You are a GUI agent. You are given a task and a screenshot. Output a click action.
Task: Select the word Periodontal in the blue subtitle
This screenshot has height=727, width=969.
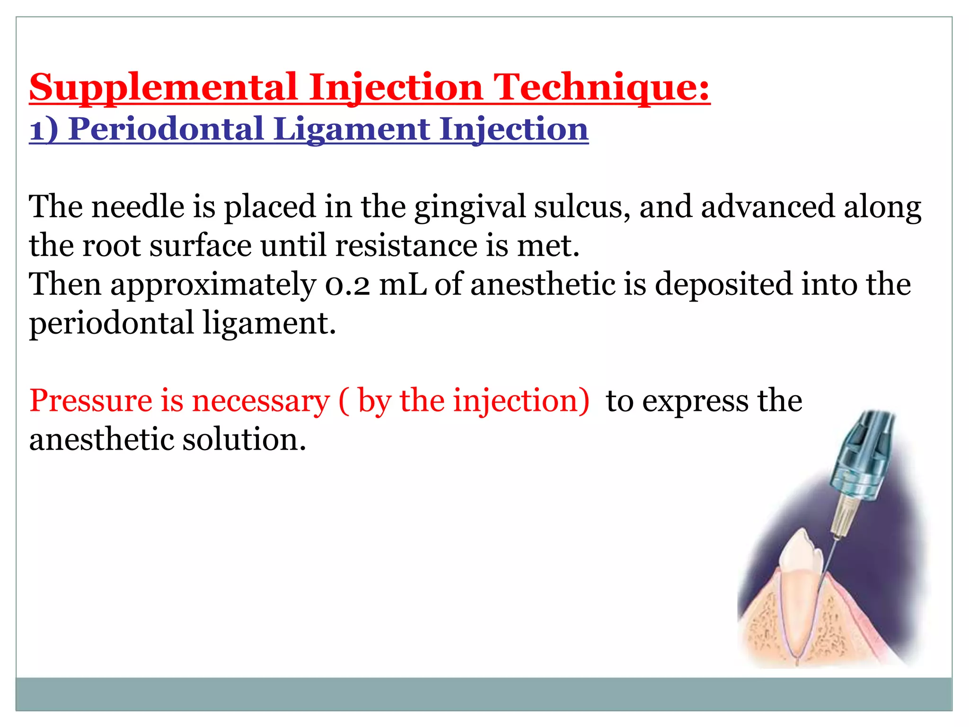click(166, 129)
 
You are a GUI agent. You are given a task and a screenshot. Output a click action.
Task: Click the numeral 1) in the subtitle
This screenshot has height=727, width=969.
click(44, 129)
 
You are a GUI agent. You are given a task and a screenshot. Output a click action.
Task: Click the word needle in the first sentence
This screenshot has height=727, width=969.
click(138, 207)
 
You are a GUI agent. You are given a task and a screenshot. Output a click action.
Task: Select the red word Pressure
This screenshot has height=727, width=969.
click(90, 401)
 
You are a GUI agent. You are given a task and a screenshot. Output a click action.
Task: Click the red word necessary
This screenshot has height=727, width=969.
click(260, 401)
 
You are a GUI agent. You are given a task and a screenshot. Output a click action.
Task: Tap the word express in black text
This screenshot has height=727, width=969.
click(695, 401)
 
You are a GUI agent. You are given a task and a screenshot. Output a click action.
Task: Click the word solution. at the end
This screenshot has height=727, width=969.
click(244, 440)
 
